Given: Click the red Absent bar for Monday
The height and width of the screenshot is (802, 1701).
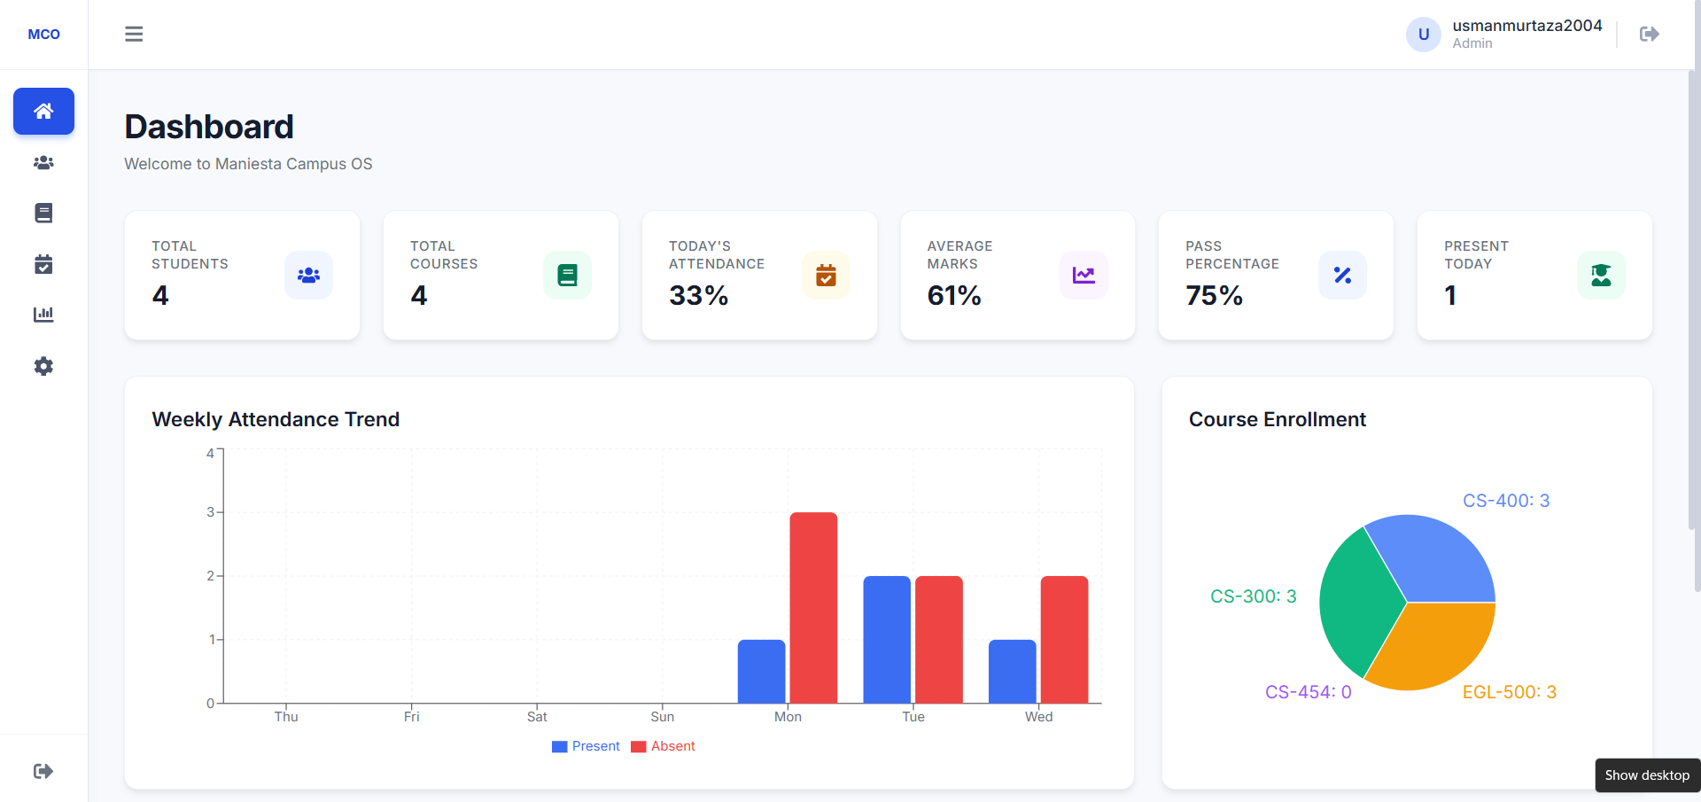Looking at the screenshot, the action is (813, 608).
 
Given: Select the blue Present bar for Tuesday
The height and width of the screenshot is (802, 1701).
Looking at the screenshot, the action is (887, 640).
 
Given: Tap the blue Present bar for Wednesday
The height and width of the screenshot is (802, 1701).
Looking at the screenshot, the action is (1013, 672).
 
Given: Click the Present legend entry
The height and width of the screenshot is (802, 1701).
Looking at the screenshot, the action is (586, 746).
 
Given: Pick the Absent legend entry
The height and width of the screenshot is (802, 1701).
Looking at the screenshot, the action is (663, 746).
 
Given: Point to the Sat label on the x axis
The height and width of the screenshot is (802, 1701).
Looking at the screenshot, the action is (537, 716).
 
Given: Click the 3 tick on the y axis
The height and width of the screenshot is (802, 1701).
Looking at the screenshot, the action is (211, 512).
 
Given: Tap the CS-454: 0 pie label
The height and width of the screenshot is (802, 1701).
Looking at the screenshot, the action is (1309, 692).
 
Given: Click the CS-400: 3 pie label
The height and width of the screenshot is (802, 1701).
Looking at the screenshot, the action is (1506, 501).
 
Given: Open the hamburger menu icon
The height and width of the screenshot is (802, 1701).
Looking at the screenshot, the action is (134, 34).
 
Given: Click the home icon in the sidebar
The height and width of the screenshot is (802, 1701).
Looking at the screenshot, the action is (43, 111).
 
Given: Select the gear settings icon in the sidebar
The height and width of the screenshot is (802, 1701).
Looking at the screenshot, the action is (43, 366).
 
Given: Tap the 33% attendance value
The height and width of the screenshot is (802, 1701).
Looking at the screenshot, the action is (699, 295).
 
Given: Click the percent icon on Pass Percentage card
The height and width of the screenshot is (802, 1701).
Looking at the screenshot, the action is (1342, 276).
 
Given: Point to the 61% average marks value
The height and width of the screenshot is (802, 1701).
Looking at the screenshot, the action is (954, 295).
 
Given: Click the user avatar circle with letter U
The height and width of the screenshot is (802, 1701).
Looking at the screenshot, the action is (1424, 35).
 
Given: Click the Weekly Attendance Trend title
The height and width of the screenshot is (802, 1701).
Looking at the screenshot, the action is (276, 419).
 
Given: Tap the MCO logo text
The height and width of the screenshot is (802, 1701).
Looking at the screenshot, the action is (44, 35).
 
